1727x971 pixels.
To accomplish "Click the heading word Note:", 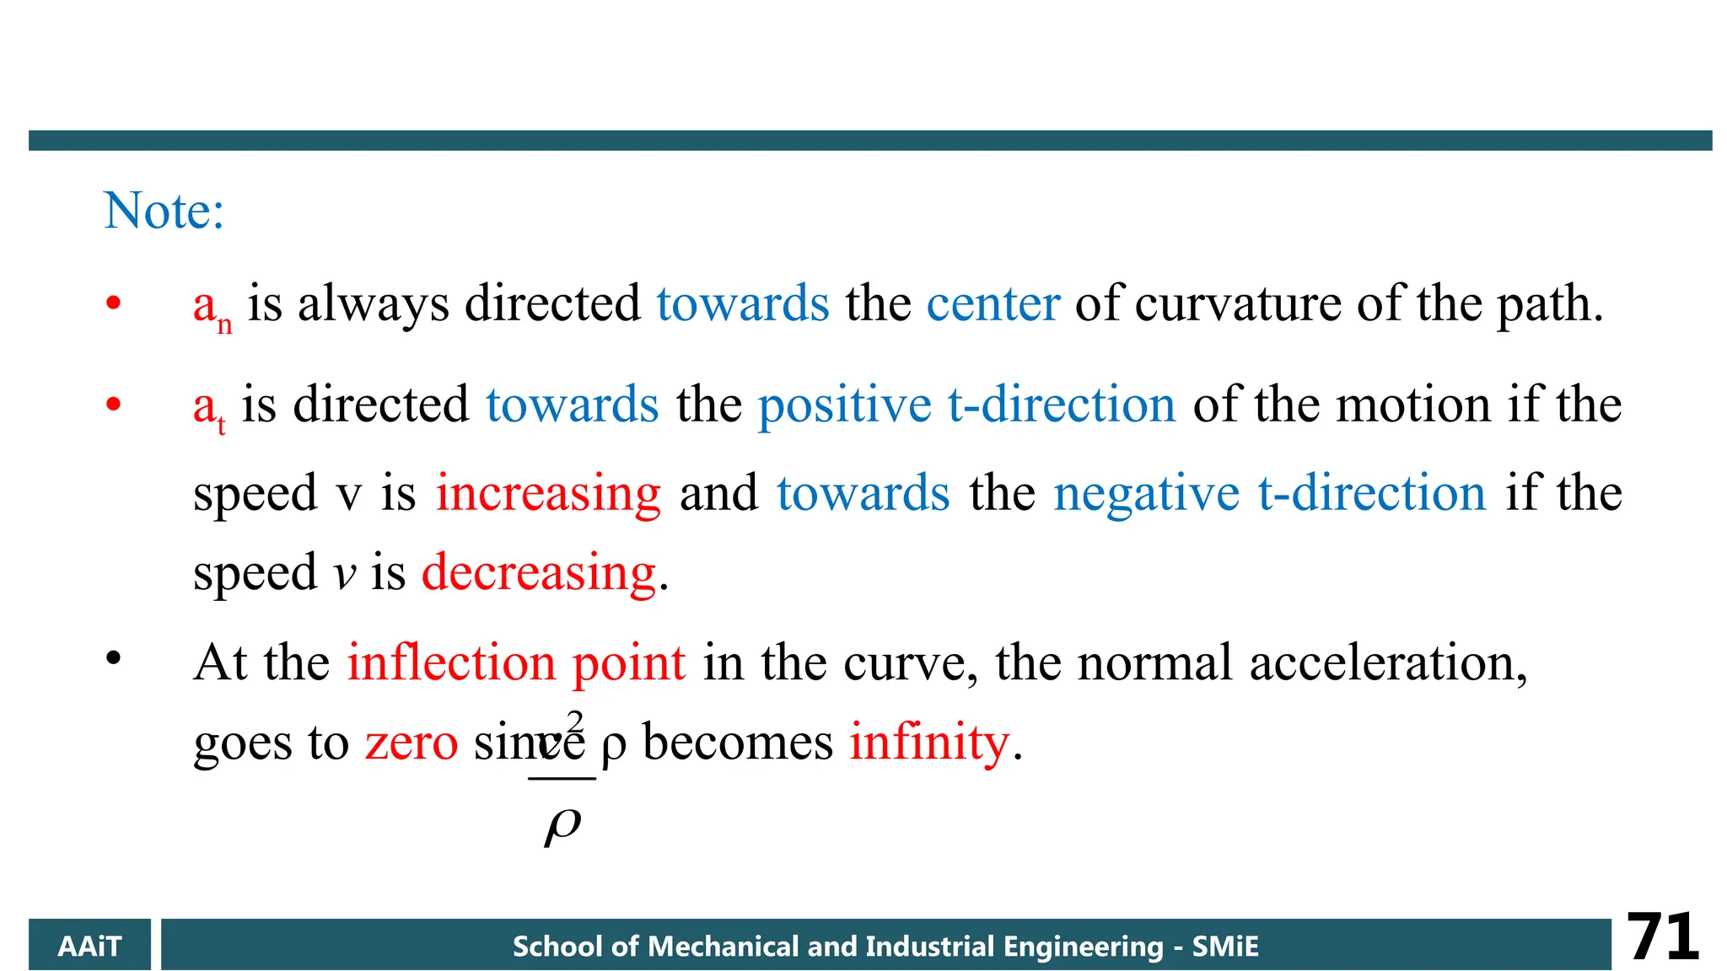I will click(x=164, y=211).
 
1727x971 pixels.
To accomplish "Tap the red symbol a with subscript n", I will click(x=212, y=308).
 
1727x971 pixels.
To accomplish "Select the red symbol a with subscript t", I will click(x=208, y=409).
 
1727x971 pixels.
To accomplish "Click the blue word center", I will click(x=993, y=304).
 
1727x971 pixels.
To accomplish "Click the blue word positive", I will click(x=844, y=406).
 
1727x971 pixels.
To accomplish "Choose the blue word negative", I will click(x=1146, y=493).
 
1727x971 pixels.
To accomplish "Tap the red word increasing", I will click(x=548, y=495).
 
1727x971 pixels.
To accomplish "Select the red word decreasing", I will click(x=539, y=574).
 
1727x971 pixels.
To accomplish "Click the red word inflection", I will click(x=451, y=663).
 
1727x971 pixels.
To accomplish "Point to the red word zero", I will click(x=412, y=743).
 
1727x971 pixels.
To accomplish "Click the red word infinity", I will click(x=929, y=743).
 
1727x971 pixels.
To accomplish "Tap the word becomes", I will click(x=738, y=743).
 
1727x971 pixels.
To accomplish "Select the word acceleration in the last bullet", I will click(x=1386, y=663).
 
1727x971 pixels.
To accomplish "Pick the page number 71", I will click(x=1662, y=937).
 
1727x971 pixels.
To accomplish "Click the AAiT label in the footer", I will click(x=89, y=946).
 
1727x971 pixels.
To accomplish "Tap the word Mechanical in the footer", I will click(x=723, y=946).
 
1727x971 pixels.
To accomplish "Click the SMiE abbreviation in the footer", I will click(x=1225, y=946).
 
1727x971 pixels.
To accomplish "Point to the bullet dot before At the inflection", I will click(x=114, y=658).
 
